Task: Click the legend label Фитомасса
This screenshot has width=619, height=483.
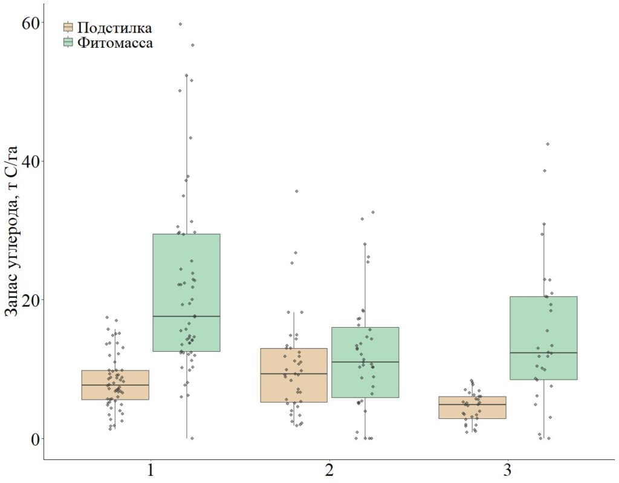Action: (115, 43)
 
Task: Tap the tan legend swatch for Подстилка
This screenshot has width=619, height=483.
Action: (68, 27)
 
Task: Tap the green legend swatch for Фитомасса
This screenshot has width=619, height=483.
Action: (68, 42)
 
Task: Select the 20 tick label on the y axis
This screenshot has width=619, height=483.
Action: (31, 300)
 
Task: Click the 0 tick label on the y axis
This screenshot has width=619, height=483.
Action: (34, 438)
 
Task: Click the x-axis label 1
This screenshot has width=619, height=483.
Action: (150, 470)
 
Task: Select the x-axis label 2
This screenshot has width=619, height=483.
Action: (329, 470)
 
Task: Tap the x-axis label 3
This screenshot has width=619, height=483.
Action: (508, 470)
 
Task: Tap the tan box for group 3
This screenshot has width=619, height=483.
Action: (472, 412)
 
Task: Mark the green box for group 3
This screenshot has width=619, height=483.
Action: (543, 326)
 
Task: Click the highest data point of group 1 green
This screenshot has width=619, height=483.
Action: (180, 24)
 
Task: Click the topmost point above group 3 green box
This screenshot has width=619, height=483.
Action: (548, 144)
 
